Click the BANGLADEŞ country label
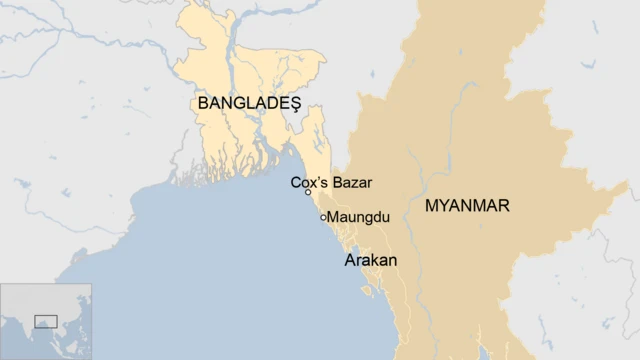pyautogui.click(x=250, y=103)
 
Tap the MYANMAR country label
pyautogui.click(x=467, y=207)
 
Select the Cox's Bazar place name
pyautogui.click(x=331, y=182)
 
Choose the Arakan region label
pyautogui.click(x=370, y=260)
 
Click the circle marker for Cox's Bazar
pyautogui.click(x=308, y=192)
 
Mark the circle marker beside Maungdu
pyautogui.click(x=323, y=217)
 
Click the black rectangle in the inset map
pyautogui.click(x=46, y=321)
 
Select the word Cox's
pyautogui.click(x=308, y=182)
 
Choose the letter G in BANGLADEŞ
pyautogui.click(x=239, y=103)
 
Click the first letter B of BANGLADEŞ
pyautogui.click(x=204, y=103)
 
